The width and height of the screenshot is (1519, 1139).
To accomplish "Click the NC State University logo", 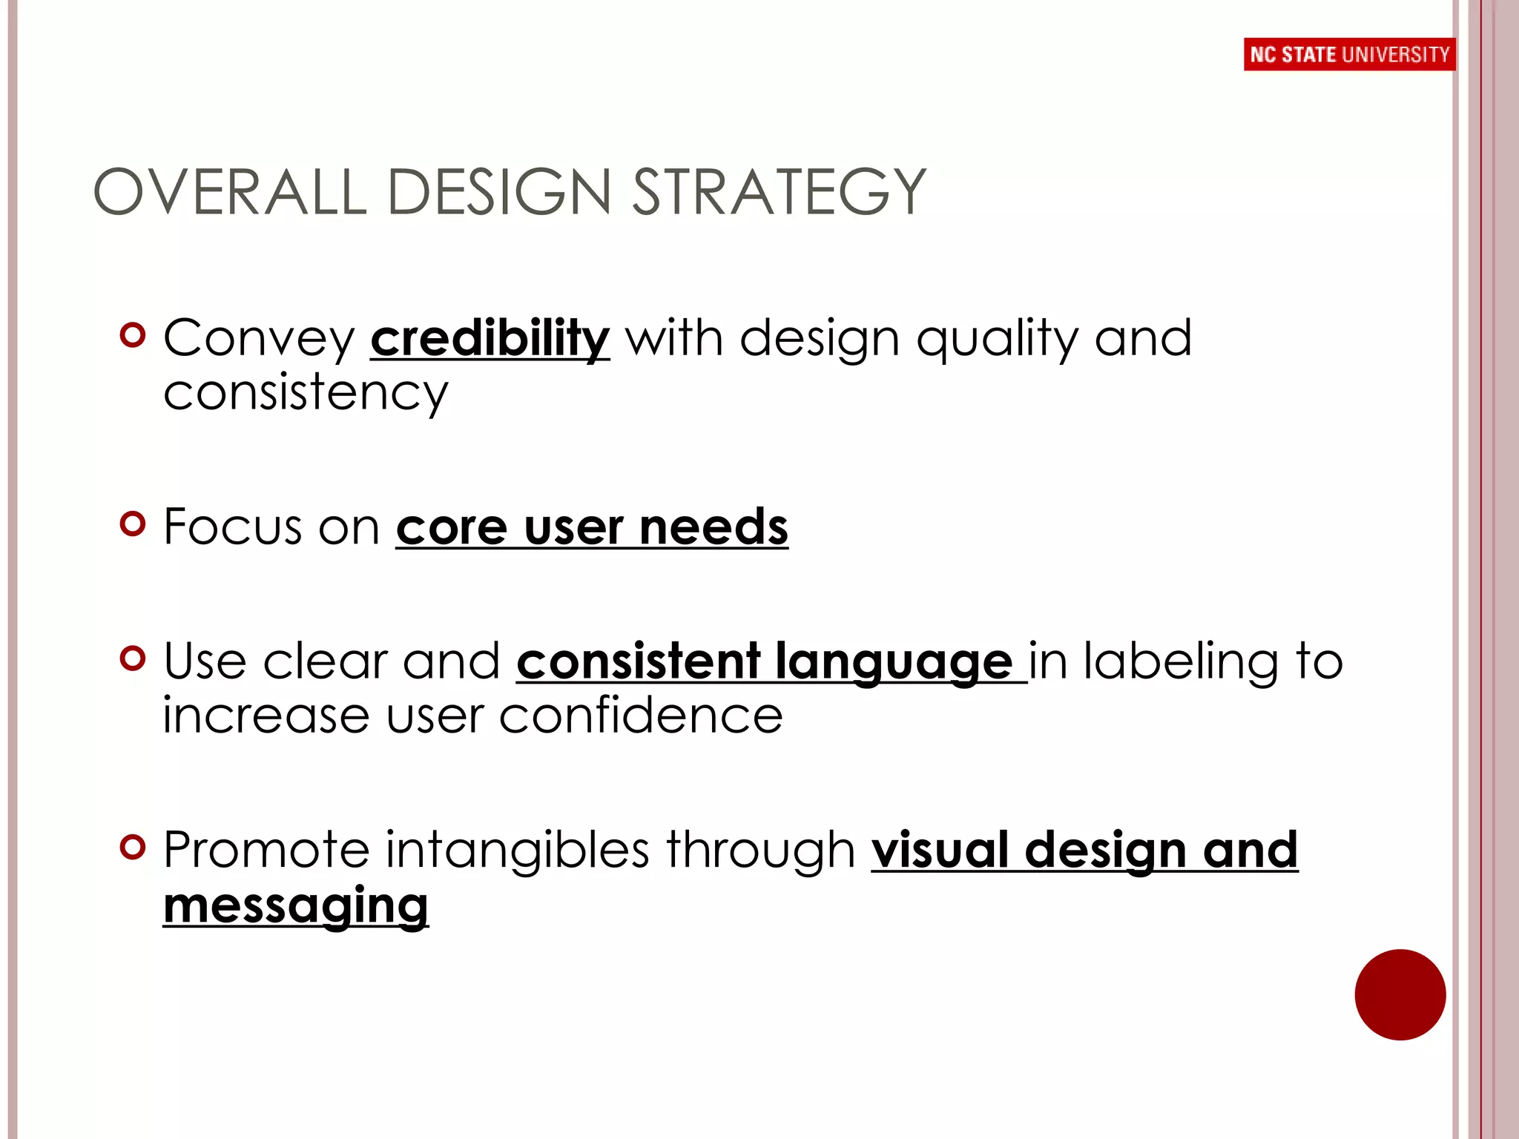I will click(1349, 54).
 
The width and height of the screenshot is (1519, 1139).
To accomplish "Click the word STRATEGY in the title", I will click(779, 193).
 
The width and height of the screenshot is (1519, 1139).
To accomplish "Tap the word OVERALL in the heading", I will click(230, 193).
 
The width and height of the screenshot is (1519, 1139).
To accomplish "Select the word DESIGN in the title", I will click(498, 193).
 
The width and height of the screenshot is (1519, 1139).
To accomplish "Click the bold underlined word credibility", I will click(490, 340).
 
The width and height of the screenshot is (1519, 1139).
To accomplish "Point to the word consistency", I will click(306, 393).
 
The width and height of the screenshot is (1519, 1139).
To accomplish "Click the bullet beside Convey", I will click(133, 335).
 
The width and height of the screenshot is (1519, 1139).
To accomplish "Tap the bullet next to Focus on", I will click(133, 524).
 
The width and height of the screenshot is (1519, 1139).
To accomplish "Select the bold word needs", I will click(714, 527).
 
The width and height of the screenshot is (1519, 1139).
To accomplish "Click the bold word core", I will click(452, 527).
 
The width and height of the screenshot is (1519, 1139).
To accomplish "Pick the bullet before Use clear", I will click(133, 658).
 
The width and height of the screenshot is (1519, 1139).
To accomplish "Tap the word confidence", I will click(640, 716).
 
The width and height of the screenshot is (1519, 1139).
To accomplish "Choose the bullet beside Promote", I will click(133, 846).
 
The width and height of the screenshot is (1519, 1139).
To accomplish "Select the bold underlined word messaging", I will click(296, 906).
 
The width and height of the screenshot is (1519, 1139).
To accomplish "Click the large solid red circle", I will click(1400, 994).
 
